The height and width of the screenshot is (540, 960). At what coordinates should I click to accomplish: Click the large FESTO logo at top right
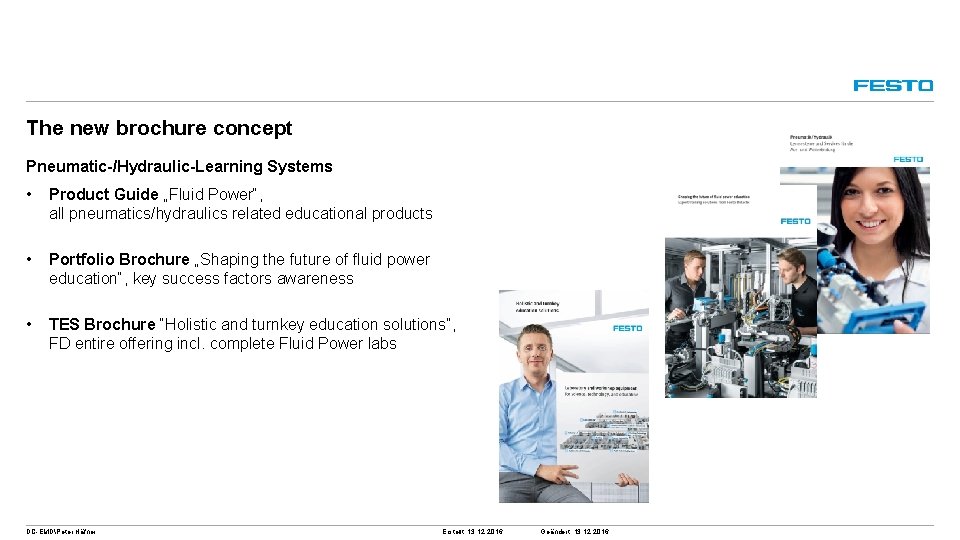tap(893, 86)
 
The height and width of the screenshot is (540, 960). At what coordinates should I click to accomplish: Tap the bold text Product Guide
tap(103, 194)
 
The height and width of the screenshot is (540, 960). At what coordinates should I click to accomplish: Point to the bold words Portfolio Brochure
tap(118, 259)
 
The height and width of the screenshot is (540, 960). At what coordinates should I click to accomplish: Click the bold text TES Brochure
tap(101, 324)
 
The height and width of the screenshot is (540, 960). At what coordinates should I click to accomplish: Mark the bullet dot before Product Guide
tap(32, 194)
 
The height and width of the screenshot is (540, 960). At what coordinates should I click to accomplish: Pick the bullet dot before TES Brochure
tap(32, 324)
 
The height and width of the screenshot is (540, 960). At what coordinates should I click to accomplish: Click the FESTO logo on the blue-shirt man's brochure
tap(628, 327)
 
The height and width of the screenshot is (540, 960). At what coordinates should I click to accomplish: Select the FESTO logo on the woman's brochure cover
tap(907, 159)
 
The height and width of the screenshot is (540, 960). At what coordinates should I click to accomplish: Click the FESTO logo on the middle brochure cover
tap(796, 221)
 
